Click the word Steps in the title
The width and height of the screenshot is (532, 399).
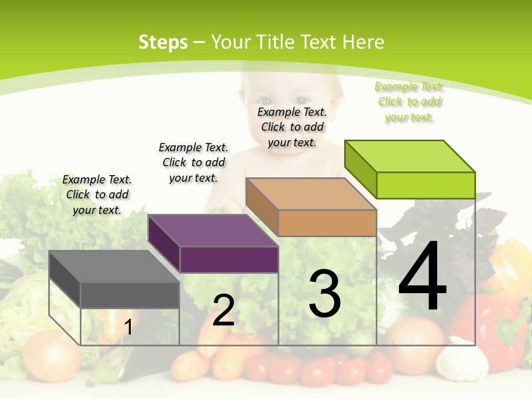point(162,42)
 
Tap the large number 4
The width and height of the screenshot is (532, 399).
point(422,277)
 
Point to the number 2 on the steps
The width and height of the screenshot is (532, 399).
point(223,311)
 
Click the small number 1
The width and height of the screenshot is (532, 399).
point(128,328)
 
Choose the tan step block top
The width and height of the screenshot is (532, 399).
point(311,194)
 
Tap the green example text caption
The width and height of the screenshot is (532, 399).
point(409,102)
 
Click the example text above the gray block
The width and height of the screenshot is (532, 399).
point(97,195)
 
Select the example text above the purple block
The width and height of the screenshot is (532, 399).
point(193,162)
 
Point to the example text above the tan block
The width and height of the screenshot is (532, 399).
point(292,127)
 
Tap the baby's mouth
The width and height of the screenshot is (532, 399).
point(288,145)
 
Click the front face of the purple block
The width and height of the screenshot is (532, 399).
point(229,259)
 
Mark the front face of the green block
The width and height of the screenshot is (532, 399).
point(426,185)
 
